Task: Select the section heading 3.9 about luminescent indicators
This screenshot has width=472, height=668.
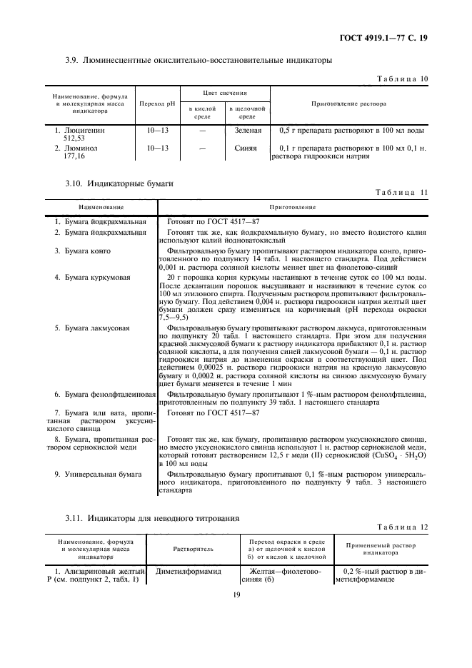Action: tap(198, 61)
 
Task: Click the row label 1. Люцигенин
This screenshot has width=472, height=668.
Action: tap(80, 131)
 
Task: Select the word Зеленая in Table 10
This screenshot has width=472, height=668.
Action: tap(247, 131)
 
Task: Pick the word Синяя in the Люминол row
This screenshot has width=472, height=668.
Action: tap(247, 148)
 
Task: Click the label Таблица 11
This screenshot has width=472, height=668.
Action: tap(403, 193)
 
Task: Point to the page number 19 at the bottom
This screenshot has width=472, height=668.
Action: tap(236, 592)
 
